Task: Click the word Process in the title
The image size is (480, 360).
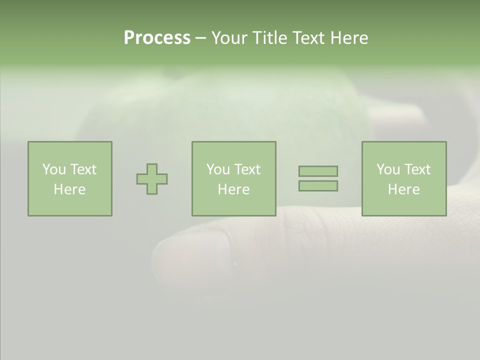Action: click(157, 38)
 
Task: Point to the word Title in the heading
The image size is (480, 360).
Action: click(270, 38)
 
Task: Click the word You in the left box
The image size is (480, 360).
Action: click(54, 169)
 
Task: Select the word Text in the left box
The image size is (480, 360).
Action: click(83, 169)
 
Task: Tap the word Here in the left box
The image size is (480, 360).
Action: click(69, 189)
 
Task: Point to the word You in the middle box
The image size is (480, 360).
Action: click(218, 169)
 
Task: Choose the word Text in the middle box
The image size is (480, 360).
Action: click(247, 169)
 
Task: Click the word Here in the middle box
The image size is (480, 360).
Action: click(233, 189)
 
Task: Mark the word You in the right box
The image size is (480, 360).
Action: click(388, 169)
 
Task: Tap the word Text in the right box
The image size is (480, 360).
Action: click(417, 169)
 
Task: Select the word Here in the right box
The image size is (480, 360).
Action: click(403, 189)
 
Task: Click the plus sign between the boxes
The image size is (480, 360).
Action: click(152, 179)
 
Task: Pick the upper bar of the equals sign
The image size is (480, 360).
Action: click(318, 171)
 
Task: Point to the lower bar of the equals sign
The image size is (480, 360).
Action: click(318, 186)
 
